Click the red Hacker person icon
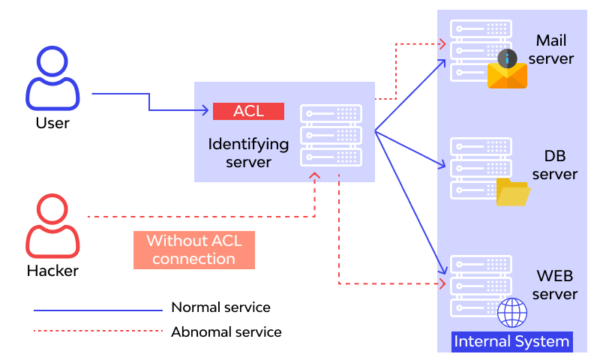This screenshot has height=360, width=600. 52,226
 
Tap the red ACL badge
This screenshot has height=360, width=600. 248,111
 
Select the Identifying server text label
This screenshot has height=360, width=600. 248,152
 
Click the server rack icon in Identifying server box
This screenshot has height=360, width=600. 331,136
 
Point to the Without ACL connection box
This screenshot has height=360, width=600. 193,250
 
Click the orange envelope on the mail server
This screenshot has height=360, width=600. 507,75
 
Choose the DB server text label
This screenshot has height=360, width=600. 554,165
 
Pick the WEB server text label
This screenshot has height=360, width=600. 555,284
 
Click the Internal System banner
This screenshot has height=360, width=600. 512,342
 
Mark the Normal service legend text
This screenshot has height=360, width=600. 220,307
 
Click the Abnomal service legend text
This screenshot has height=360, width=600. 226,331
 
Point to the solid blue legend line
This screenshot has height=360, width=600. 97,309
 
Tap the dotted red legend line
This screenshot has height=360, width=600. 97,331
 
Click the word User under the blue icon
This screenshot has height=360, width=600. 52,122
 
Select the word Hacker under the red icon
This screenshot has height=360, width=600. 52,270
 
